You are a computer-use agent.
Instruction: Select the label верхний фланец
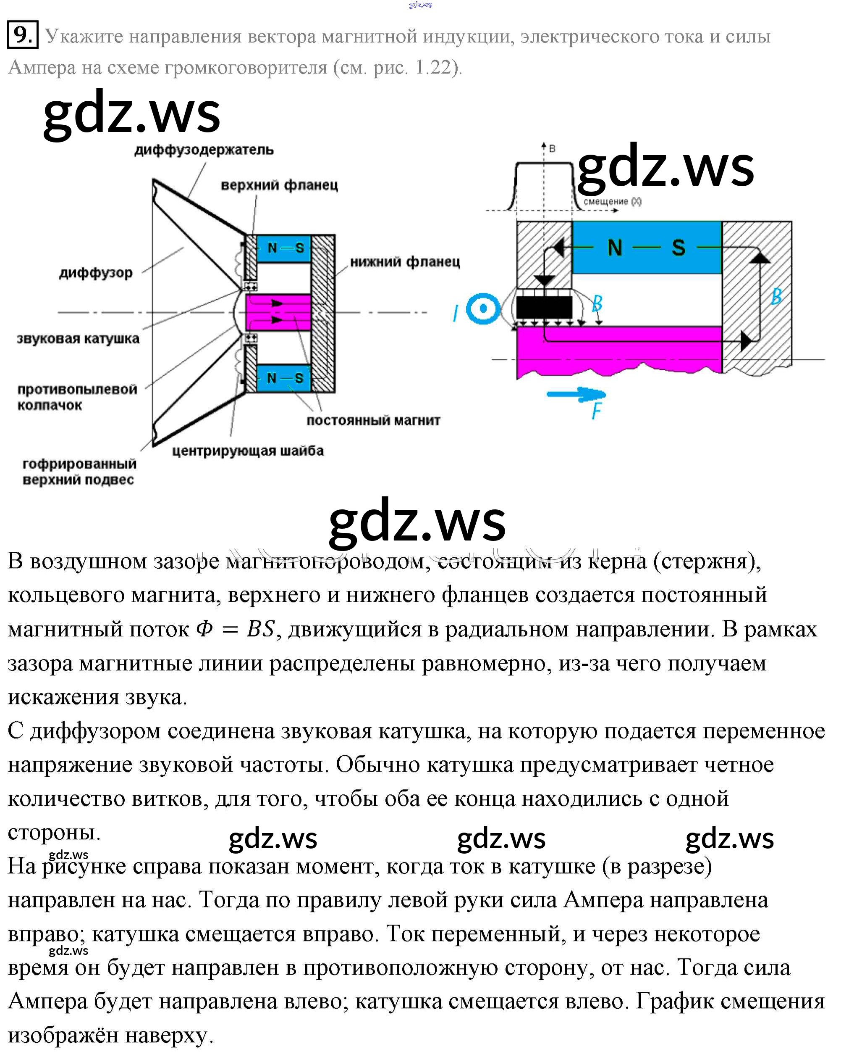coord(279,185)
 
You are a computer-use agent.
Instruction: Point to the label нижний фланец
coord(405,262)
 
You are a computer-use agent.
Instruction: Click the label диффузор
coord(96,273)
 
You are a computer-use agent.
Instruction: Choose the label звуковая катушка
coord(78,339)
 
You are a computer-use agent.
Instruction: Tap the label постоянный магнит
coord(373,421)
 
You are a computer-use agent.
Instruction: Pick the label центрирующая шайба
coord(248,451)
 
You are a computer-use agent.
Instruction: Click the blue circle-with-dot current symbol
coord(483,308)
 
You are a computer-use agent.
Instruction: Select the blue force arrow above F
coord(576,394)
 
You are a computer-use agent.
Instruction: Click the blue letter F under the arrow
coord(596,411)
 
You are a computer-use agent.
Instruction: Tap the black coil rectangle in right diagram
coord(544,307)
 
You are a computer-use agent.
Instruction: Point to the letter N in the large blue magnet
coord(615,248)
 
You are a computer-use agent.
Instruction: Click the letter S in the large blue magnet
coord(678,248)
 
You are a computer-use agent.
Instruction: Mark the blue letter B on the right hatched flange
coord(776,296)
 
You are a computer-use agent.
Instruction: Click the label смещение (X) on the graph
coord(612,201)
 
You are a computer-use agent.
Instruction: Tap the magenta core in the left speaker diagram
coord(278,312)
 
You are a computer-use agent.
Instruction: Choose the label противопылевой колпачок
coord(77,397)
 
